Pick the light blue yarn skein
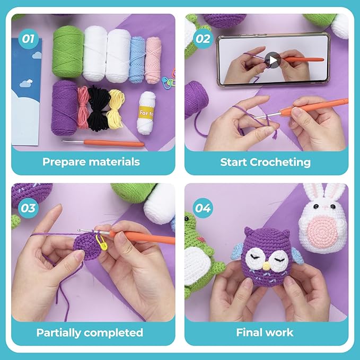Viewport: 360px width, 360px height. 137,59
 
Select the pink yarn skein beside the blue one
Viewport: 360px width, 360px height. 154,59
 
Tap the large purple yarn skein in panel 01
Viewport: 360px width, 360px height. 64,106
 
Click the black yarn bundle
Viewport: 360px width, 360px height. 98,108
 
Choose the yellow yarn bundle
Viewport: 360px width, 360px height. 116,108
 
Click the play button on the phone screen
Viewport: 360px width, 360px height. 273,60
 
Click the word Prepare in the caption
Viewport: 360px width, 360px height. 64,162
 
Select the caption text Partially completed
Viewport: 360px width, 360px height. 90,332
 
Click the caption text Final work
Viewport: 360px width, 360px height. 265,332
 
